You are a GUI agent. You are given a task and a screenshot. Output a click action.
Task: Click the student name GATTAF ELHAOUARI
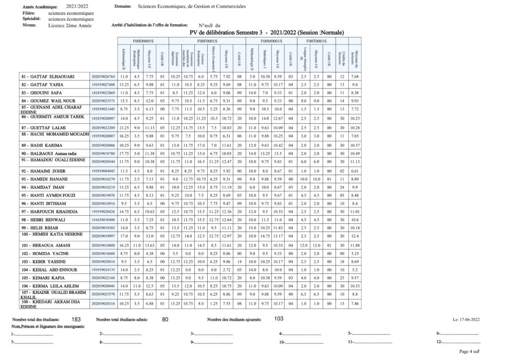coord(47,77)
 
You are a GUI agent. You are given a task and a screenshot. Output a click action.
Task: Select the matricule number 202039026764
coord(103,77)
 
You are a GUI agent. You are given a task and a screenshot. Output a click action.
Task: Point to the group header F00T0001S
coord(316,41)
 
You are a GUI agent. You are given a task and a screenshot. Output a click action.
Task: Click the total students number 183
coord(76,319)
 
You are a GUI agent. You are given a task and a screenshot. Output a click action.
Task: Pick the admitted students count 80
coord(166,319)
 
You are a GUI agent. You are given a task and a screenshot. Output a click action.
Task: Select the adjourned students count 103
coord(278,319)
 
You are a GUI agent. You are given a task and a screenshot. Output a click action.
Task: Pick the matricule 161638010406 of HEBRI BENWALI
coord(103,219)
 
